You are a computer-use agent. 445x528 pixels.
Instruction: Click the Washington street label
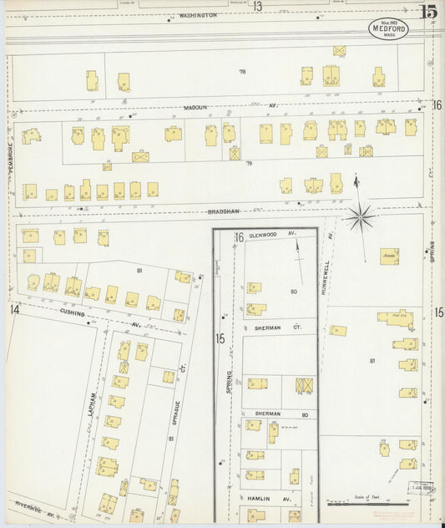click(198, 15)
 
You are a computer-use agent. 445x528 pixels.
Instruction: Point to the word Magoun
click(198, 106)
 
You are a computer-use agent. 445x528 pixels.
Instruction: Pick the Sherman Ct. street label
click(268, 329)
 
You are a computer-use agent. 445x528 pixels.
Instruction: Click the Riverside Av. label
click(34, 505)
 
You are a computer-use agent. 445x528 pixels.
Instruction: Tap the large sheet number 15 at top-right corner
click(428, 12)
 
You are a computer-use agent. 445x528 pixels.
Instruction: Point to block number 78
click(242, 73)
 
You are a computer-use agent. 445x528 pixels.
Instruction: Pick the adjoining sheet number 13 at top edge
click(258, 6)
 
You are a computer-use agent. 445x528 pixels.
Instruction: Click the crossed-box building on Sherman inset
click(305, 385)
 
